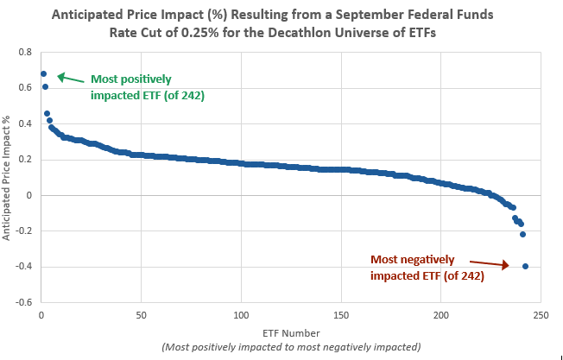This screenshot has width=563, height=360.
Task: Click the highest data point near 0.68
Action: click(x=43, y=73)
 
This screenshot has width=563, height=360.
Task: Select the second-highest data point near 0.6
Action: click(x=45, y=86)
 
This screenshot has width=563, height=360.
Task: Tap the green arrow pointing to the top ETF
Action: click(x=69, y=78)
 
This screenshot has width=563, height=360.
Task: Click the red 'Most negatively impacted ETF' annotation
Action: click(x=427, y=267)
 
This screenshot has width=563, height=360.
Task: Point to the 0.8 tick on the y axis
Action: click(x=25, y=52)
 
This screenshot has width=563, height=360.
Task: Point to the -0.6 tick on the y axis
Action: click(x=23, y=302)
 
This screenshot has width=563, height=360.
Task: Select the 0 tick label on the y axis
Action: click(x=29, y=195)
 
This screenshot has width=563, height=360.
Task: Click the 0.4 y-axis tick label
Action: click(x=25, y=123)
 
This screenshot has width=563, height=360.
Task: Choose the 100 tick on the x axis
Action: click(x=241, y=314)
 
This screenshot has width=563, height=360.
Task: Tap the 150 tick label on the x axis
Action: click(x=341, y=314)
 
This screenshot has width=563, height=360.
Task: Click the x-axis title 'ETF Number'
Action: click(x=289, y=332)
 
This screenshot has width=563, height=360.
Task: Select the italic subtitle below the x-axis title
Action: click(x=290, y=346)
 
